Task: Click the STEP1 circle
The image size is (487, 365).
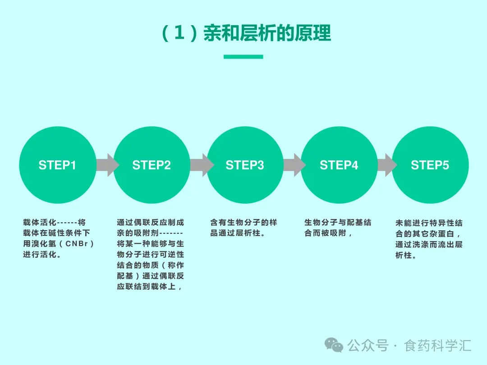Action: coord(57,165)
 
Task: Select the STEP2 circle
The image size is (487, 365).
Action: coord(152,165)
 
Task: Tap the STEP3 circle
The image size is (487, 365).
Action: coord(245,165)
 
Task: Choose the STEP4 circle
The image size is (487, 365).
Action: coord(339,165)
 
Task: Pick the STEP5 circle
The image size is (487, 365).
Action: coord(430,165)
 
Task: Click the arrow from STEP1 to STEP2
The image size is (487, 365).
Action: coord(107,165)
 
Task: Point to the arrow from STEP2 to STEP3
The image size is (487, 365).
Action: coord(201,165)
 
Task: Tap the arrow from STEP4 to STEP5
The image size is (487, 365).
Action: coord(387,165)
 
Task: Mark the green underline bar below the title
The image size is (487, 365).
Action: coord(243,57)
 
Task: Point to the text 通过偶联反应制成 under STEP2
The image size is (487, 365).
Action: coord(150,223)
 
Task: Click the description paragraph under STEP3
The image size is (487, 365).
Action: coord(243,228)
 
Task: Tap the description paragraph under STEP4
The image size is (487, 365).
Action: coord(338,228)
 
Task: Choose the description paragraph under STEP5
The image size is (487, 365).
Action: coord(429,239)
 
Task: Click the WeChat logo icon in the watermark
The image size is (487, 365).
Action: coord(334,345)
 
